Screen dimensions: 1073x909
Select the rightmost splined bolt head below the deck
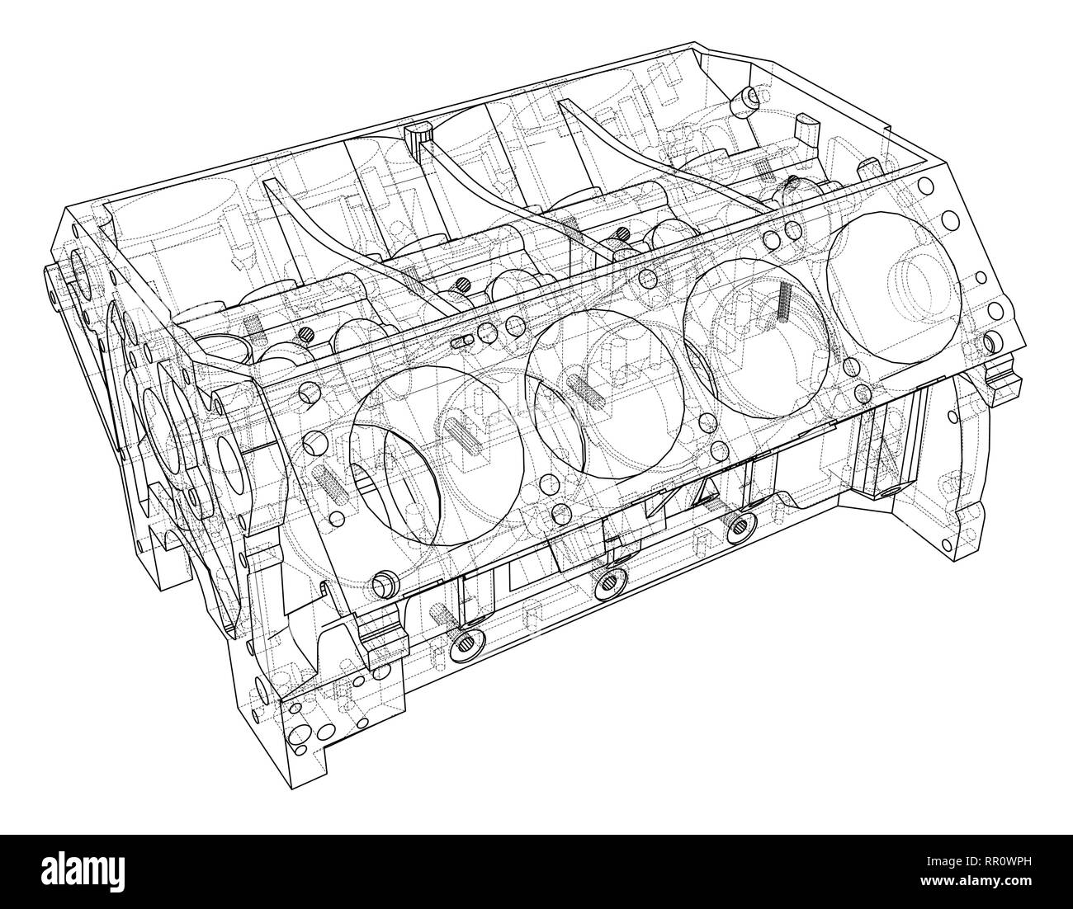coord(741,525)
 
